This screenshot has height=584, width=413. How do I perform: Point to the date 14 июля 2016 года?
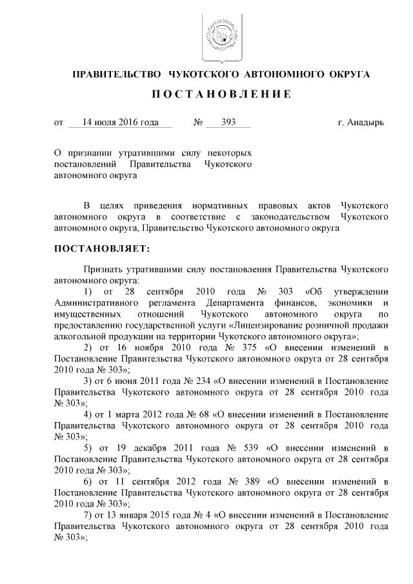120,121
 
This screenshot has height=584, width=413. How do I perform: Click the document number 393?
228,121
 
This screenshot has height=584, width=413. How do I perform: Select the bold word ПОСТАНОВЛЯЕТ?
102,248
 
